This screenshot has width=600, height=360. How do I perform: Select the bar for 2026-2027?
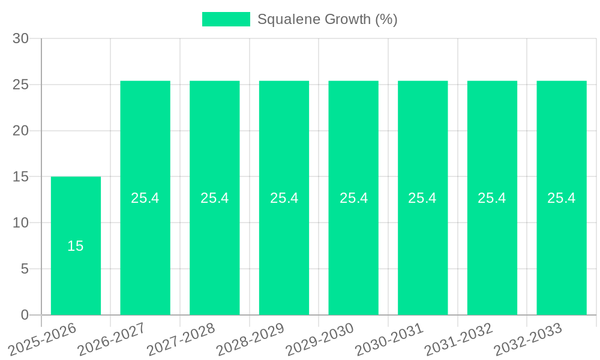click(x=145, y=252)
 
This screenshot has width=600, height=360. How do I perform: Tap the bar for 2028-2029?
click(x=284, y=252)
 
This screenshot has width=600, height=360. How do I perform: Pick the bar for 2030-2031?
click(x=422, y=252)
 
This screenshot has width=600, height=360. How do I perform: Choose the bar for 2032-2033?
click(x=562, y=252)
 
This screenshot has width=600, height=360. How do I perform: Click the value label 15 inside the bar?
click(x=76, y=246)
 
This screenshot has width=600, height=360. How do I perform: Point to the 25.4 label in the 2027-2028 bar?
click(x=215, y=198)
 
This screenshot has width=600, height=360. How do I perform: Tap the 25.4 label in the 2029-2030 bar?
click(x=353, y=198)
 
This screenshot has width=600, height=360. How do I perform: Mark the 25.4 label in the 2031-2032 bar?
click(x=492, y=198)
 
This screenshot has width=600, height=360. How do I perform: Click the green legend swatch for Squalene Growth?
click(x=226, y=19)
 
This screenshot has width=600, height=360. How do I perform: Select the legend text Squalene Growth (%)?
click(x=328, y=19)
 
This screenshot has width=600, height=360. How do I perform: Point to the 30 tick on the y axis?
click(x=21, y=38)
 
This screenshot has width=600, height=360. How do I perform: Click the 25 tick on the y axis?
click(x=21, y=85)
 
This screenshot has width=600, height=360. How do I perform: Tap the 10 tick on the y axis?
click(x=21, y=223)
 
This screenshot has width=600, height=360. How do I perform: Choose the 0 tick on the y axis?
click(x=25, y=315)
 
